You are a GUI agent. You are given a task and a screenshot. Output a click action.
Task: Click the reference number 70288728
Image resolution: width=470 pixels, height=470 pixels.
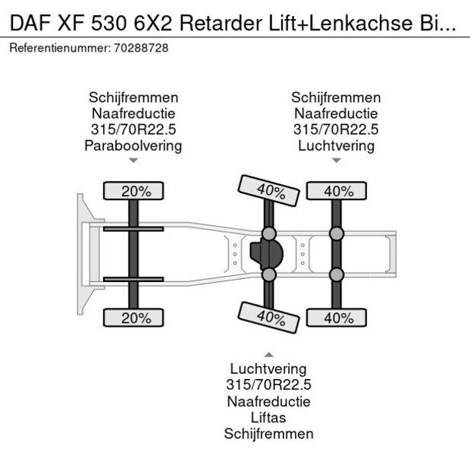(141, 48)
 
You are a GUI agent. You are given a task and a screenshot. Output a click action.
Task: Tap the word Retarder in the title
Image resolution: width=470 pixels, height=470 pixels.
(221, 23)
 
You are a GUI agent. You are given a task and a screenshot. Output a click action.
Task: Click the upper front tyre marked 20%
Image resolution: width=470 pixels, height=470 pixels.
(133, 190)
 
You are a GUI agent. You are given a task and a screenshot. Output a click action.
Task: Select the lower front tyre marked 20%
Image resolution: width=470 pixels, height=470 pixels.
(133, 318)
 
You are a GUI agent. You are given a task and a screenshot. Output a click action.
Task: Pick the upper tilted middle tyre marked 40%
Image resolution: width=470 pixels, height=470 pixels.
(269, 190)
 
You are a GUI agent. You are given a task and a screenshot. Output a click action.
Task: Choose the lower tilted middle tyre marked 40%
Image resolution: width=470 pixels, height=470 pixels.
(269, 318)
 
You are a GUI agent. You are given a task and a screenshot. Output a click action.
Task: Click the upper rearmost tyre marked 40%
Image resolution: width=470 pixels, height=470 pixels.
(337, 190)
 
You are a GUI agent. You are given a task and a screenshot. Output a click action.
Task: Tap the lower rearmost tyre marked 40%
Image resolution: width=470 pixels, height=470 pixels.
(337, 318)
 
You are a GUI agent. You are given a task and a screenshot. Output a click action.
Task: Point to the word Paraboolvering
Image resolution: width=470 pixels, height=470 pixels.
(133, 146)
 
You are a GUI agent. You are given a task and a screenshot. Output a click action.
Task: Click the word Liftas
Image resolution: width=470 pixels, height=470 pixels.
(268, 418)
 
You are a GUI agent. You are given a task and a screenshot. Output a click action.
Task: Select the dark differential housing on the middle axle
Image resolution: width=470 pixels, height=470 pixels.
(267, 254)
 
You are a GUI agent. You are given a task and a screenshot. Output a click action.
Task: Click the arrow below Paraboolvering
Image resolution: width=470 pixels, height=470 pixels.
(133, 161)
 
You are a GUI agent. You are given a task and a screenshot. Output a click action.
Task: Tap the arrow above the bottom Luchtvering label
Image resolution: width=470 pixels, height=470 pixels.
(269, 355)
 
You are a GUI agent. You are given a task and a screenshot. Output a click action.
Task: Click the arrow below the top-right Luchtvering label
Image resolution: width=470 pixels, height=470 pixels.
(337, 161)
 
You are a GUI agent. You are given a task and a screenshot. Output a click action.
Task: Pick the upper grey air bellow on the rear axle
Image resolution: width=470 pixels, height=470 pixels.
(337, 233)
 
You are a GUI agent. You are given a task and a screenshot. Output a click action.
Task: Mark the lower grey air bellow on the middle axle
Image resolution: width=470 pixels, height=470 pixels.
(269, 274)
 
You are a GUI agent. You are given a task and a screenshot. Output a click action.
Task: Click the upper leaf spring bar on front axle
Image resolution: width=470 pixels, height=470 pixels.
(133, 229)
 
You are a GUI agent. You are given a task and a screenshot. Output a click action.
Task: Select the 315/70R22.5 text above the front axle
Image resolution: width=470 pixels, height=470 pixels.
(133, 130)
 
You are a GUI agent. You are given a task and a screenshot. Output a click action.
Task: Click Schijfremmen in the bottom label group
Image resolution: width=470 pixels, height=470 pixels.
(269, 434)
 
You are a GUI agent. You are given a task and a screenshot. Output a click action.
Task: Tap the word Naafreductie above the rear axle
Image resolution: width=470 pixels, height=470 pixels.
(336, 114)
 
